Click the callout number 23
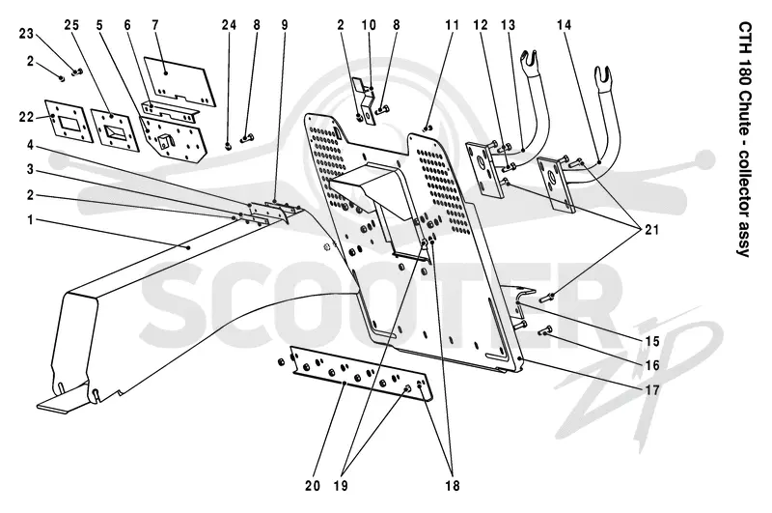(x=26, y=34)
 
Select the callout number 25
(x=71, y=25)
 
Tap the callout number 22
(x=27, y=117)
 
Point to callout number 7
(x=155, y=25)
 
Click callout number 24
(x=229, y=25)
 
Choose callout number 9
(x=285, y=25)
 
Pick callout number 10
(x=369, y=25)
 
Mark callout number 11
(x=452, y=25)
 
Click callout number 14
(x=565, y=25)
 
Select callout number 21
(x=652, y=230)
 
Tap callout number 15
(x=652, y=341)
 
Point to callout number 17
(x=652, y=390)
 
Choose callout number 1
(x=31, y=219)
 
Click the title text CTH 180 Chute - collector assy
(x=744, y=139)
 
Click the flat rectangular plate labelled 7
(x=180, y=81)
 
